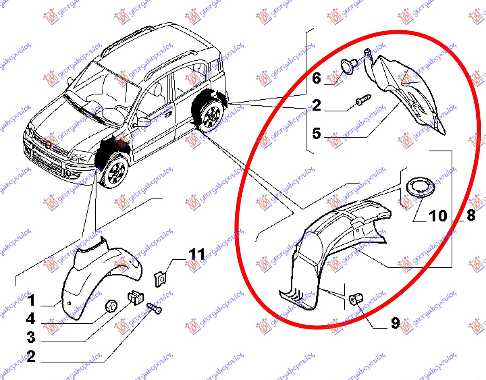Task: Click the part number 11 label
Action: pos(196,254)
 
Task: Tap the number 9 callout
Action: pos(395,323)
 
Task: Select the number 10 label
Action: pos(438,216)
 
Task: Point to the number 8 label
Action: pos(471,215)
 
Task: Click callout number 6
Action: pos(316,78)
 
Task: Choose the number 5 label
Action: pos(316,133)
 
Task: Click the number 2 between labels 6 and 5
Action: pos(317,105)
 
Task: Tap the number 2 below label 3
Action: pos(31,356)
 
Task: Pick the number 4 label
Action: pos(31,319)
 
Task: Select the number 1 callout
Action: pos(31,300)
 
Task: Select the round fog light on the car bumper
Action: pos(69,173)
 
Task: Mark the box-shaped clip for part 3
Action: pos(136,297)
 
